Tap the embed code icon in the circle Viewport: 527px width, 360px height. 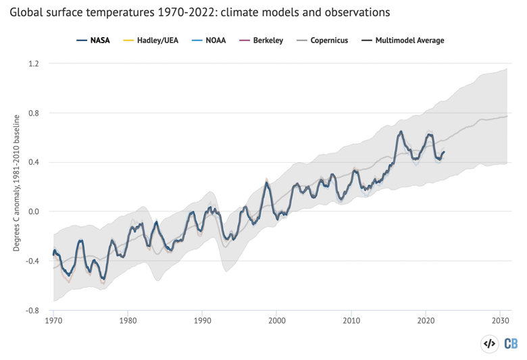point(488,343)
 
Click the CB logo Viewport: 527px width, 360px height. point(511,343)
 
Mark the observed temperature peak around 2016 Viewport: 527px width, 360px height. point(401,132)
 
